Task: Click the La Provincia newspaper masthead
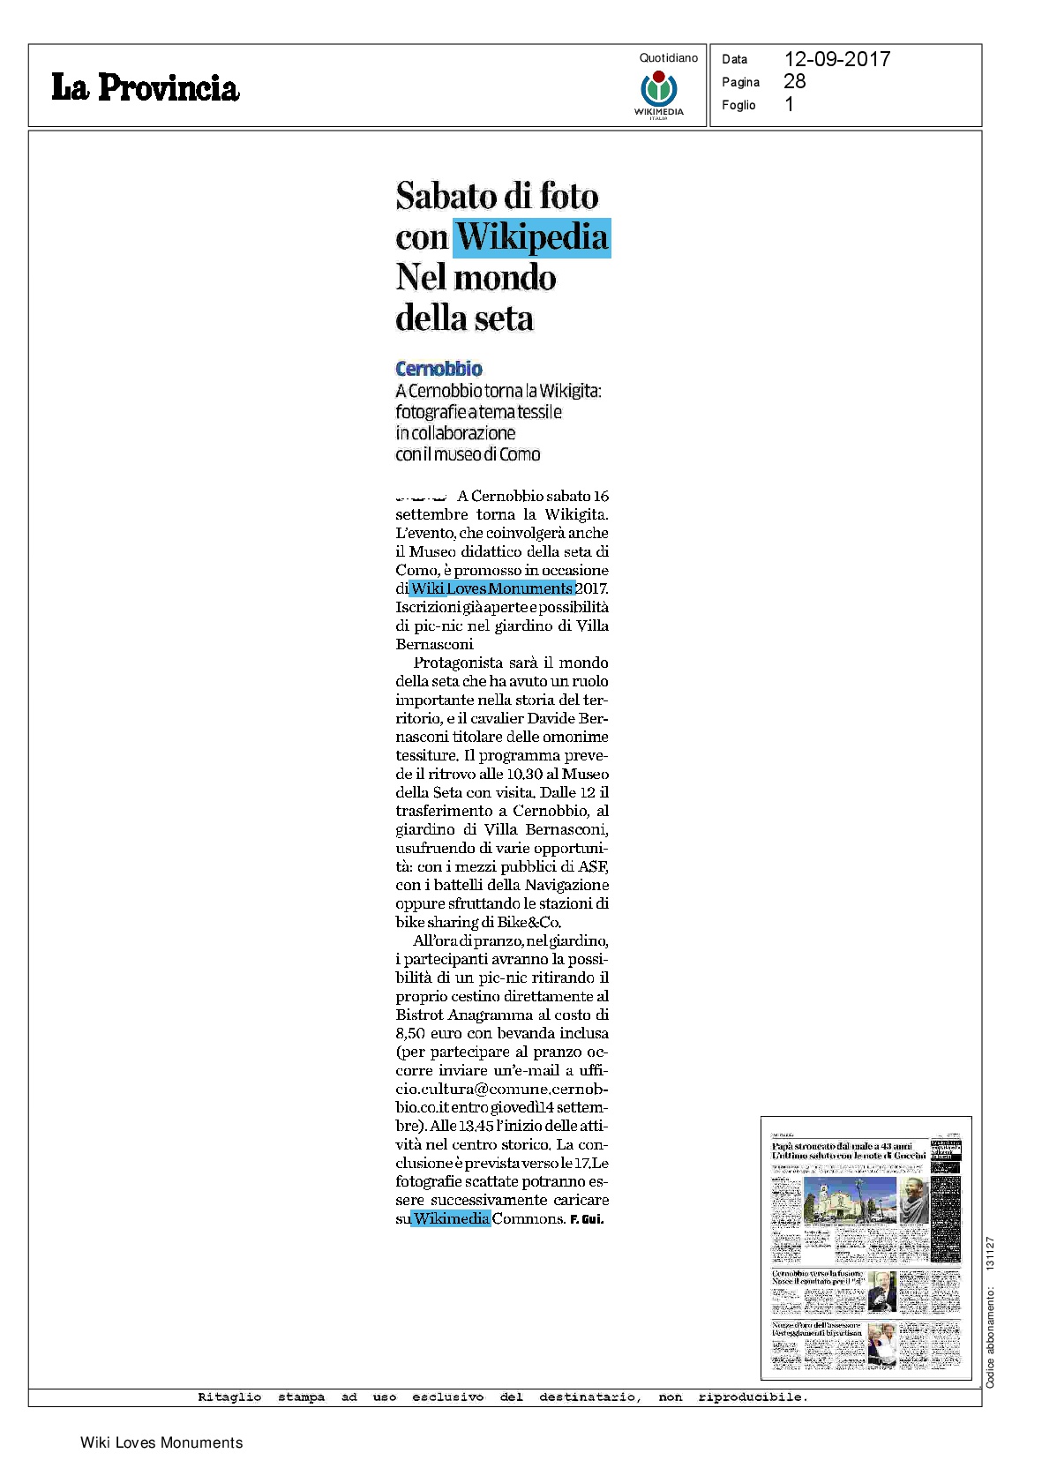coord(145,87)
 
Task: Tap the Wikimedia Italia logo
coord(659,92)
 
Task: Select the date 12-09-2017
coord(836,59)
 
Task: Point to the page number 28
coord(794,81)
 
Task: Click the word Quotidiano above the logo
coord(668,58)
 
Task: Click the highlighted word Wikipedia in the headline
coord(532,237)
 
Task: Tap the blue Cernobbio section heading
coord(439,369)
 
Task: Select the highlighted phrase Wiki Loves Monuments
coord(491,588)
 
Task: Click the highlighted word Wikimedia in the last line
coord(451,1218)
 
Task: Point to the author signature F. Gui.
coord(587,1219)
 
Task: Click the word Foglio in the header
coord(738,105)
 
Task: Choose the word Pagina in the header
coord(740,82)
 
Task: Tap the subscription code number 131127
coord(990,1254)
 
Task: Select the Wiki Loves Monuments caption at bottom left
coord(161,1442)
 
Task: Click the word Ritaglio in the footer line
coord(229,1397)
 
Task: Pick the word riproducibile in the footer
coord(752,1397)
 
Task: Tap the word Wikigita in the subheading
coord(569,391)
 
